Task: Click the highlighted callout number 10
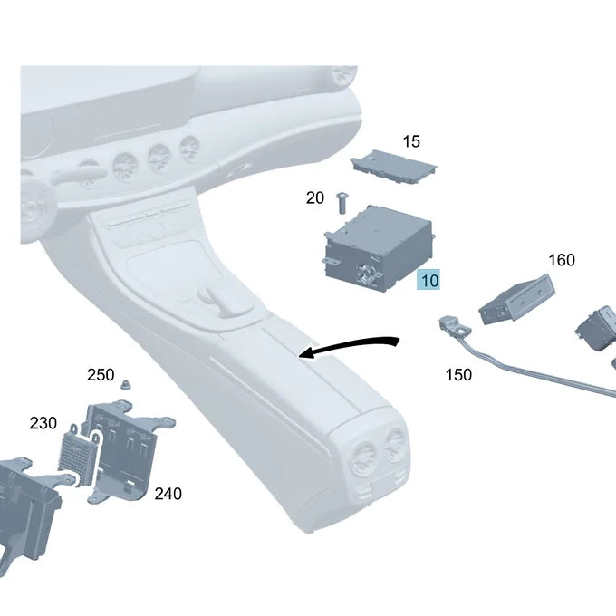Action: pyautogui.click(x=428, y=280)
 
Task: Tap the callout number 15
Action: pyautogui.click(x=411, y=141)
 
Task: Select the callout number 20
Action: pyautogui.click(x=315, y=197)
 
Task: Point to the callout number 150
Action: pyautogui.click(x=458, y=375)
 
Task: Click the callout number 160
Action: pyautogui.click(x=562, y=260)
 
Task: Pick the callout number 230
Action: pyautogui.click(x=43, y=423)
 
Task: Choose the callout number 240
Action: pyautogui.click(x=168, y=494)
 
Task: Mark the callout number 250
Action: pyautogui.click(x=101, y=375)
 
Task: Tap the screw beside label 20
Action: pyautogui.click(x=342, y=203)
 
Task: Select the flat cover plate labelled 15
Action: pyautogui.click(x=393, y=166)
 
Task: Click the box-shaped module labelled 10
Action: pyautogui.click(x=379, y=249)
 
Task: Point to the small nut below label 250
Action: pyautogui.click(x=126, y=385)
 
